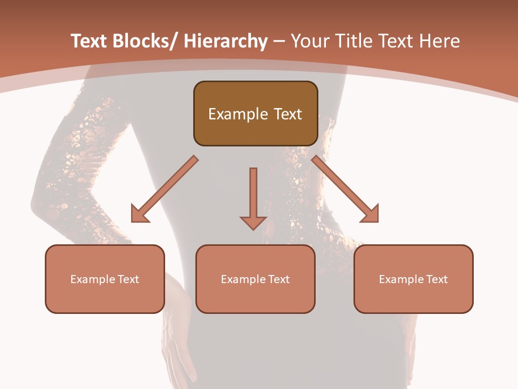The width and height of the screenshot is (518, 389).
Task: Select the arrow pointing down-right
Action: [x=345, y=190]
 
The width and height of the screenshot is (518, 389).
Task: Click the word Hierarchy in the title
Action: [x=226, y=41]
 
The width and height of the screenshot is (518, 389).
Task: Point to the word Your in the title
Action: [x=309, y=41]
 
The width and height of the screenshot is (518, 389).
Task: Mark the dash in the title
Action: [x=279, y=41]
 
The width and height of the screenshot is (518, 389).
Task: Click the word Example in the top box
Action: [x=238, y=114]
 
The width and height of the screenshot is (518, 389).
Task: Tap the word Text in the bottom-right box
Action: [x=437, y=279]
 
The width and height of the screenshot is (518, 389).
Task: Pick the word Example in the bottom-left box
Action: [x=92, y=279]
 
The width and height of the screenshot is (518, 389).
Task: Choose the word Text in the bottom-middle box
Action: [x=278, y=279]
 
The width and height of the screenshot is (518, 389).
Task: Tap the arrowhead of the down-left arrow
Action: [x=139, y=214]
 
